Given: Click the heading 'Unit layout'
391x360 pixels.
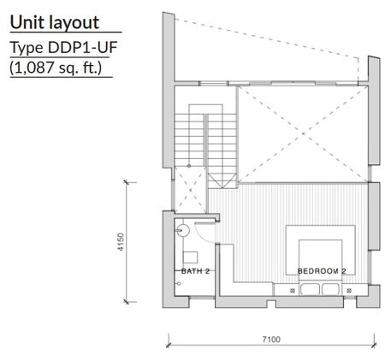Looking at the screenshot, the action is coord(55,22).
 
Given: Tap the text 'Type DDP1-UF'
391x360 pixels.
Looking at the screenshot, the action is coord(64,47).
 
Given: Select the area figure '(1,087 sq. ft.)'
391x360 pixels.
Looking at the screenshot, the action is coord(56,68).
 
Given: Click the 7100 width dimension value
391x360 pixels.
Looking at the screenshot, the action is coord(271,339).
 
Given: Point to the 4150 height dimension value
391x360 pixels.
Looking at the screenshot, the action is coord(121,242).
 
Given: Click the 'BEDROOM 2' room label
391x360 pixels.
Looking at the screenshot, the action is coord(322,271).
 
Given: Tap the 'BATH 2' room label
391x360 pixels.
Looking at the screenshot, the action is coord(195,271).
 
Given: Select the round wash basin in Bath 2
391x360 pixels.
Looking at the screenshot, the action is coord(183,230).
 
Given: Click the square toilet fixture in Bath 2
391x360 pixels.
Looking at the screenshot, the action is coord(190,257).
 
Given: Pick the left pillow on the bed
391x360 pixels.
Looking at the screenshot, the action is coord(310,289).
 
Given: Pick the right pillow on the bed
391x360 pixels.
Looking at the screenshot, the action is coord(331,289).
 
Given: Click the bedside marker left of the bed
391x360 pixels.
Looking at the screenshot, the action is coord(293,291).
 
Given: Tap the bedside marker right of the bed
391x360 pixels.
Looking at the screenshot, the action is coord(349,291).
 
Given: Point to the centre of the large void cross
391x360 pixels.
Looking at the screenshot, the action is coord(303,133).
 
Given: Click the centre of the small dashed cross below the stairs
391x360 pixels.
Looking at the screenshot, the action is coord(190,190).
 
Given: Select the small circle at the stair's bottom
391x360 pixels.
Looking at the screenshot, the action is coord(189,166).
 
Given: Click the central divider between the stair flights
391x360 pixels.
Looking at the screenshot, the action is coord(205,140).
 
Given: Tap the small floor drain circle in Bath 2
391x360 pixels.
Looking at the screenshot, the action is coord(179,284).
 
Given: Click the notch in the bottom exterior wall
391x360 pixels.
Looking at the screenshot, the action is coord(271,304).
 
